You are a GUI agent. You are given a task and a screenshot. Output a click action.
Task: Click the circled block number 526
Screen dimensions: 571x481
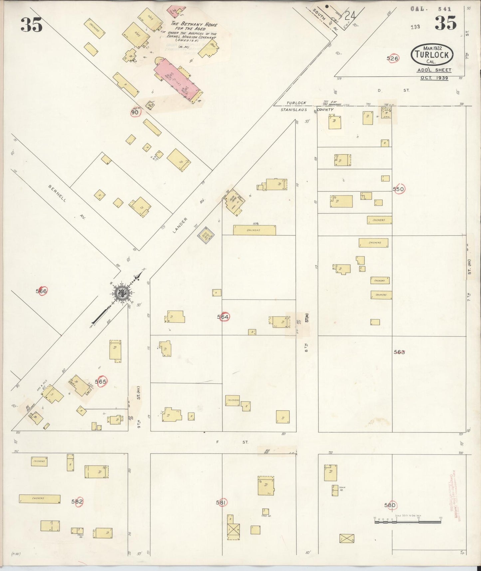point(392,58)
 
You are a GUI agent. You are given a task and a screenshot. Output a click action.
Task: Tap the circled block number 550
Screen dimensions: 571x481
point(398,189)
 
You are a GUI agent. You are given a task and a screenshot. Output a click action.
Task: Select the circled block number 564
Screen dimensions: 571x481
point(223,317)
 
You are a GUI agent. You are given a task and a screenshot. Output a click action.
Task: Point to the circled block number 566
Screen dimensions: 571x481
point(42,291)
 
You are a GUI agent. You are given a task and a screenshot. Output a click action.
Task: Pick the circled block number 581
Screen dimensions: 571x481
point(222,502)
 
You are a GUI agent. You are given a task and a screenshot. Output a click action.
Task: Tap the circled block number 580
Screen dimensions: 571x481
point(390,505)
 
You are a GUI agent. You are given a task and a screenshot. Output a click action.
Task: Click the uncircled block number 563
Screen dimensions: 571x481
point(399,352)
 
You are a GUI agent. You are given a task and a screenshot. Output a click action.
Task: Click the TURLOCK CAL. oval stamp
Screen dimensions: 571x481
point(432,55)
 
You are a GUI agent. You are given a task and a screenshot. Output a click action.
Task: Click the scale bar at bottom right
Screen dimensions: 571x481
point(407,521)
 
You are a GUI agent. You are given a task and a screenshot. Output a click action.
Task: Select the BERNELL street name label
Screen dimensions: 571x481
point(57,193)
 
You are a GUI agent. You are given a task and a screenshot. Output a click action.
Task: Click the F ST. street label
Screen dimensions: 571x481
point(232,442)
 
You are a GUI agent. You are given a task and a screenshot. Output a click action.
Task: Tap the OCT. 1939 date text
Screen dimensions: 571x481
point(434,78)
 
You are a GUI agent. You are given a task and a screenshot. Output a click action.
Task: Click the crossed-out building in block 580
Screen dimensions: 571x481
point(347,538)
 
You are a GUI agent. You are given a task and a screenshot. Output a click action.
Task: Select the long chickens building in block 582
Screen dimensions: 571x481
point(40,499)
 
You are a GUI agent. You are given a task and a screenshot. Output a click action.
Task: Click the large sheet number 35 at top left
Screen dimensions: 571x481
point(32,25)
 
